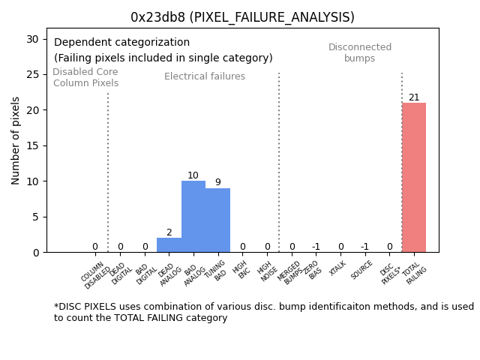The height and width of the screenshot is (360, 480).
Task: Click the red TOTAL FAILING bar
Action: point(413,178)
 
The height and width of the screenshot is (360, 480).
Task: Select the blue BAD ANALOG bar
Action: point(193,217)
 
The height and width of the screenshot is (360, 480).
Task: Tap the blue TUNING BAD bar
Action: point(217,220)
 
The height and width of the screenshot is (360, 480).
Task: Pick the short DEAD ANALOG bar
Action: point(169,245)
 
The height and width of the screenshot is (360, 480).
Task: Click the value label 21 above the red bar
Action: point(414,97)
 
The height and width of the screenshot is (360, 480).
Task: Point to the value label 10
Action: point(193,175)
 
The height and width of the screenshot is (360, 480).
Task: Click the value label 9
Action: point(217,182)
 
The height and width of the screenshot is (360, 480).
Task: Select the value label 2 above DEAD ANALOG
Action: point(169,232)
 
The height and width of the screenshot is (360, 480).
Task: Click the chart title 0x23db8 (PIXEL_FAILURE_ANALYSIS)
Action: point(242,17)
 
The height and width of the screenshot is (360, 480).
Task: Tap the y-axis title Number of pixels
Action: point(16,140)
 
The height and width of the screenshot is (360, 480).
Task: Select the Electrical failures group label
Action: point(205,76)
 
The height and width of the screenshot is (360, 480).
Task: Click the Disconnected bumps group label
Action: point(360,52)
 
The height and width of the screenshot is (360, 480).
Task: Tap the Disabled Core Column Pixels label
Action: point(85,78)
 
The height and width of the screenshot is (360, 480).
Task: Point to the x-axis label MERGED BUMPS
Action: point(292,272)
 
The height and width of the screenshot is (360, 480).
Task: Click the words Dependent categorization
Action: point(121,43)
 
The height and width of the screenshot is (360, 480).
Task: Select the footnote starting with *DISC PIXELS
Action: point(263,312)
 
